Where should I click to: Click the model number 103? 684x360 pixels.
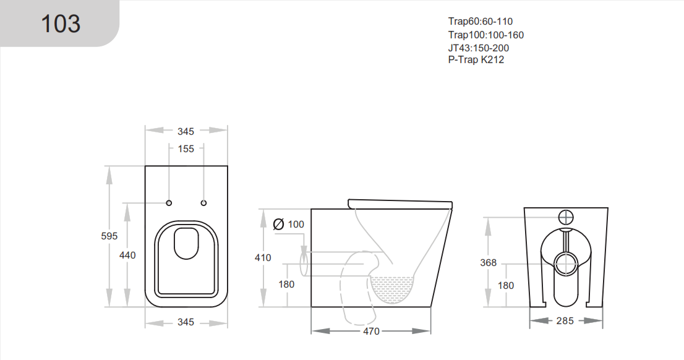pos(61,24)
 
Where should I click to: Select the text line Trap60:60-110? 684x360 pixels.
pos(481,22)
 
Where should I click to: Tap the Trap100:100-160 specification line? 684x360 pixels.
pos(485,35)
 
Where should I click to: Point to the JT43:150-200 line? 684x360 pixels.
pos(479,48)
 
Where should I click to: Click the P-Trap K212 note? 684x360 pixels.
pos(476,60)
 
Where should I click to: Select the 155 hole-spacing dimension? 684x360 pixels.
pos(186,148)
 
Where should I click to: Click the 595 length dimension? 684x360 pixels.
pos(109,236)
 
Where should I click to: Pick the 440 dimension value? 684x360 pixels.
pos(127,255)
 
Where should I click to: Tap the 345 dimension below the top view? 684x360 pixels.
pos(186,322)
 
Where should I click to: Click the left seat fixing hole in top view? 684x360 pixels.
pos(169,203)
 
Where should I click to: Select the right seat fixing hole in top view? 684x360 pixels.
pos(204,203)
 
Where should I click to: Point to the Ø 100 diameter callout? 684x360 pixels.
pos(289,224)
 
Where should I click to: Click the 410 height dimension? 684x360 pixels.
pos(263,257)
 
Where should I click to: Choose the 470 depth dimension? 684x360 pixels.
pos(370,332)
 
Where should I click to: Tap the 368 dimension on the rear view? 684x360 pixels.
pos(488,263)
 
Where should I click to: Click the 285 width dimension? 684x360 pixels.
pos(565,320)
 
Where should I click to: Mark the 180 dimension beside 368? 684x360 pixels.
pos(506,285)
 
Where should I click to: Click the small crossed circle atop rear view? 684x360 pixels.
pos(566,217)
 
